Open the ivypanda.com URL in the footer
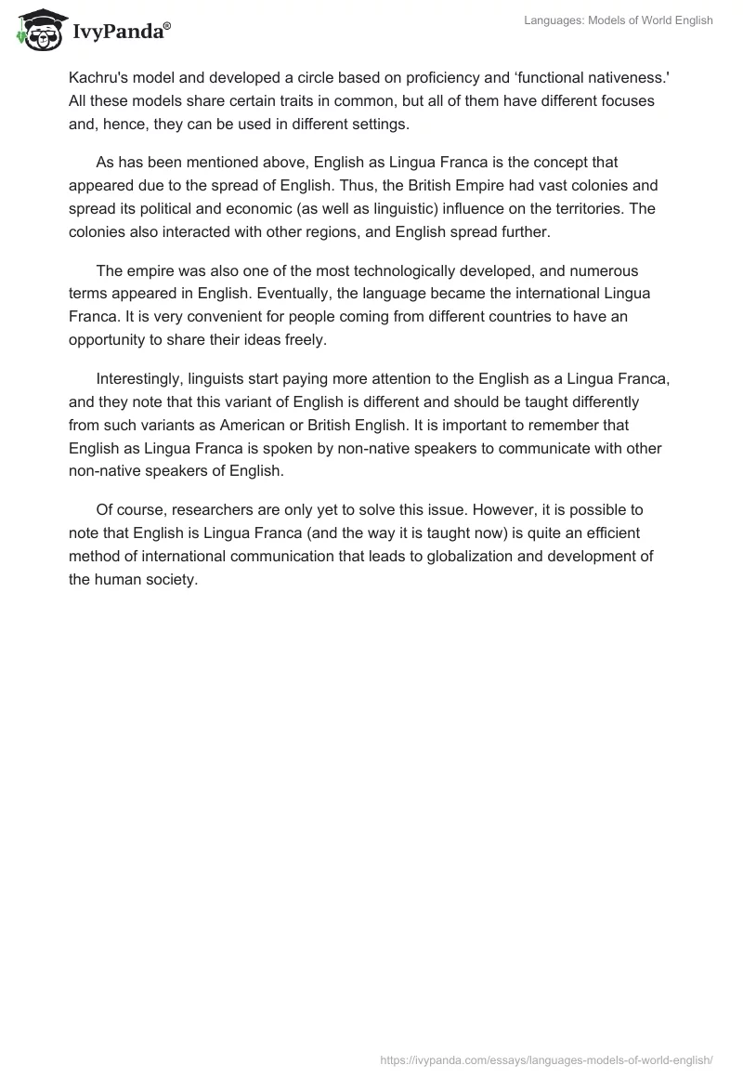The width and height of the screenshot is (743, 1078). coord(547,1058)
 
